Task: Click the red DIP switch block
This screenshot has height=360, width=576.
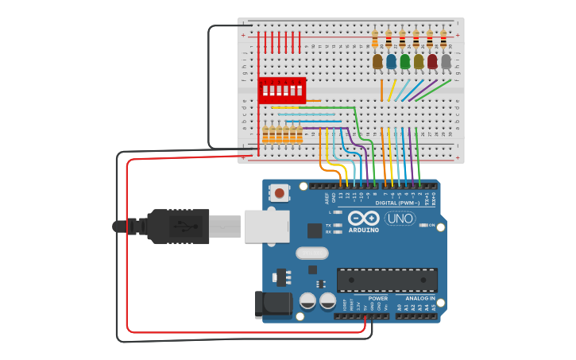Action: [282, 90]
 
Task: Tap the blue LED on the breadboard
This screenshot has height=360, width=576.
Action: [391, 61]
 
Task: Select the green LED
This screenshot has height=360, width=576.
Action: [405, 61]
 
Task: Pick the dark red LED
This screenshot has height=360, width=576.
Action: [432, 61]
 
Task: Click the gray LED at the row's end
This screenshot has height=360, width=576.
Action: [446, 61]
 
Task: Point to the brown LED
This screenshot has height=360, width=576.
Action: [377, 61]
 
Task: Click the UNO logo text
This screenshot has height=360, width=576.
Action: [400, 219]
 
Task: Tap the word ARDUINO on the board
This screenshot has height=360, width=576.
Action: [363, 230]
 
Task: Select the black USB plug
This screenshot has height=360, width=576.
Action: [179, 226]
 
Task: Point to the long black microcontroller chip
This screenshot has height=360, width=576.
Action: [387, 280]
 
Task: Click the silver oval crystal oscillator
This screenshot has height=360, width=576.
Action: [311, 254]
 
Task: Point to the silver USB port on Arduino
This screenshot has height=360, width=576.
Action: [265, 226]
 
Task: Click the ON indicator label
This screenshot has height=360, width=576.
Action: [432, 226]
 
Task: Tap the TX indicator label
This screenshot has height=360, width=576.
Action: [328, 225]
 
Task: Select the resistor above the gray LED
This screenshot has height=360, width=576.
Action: [443, 37]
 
